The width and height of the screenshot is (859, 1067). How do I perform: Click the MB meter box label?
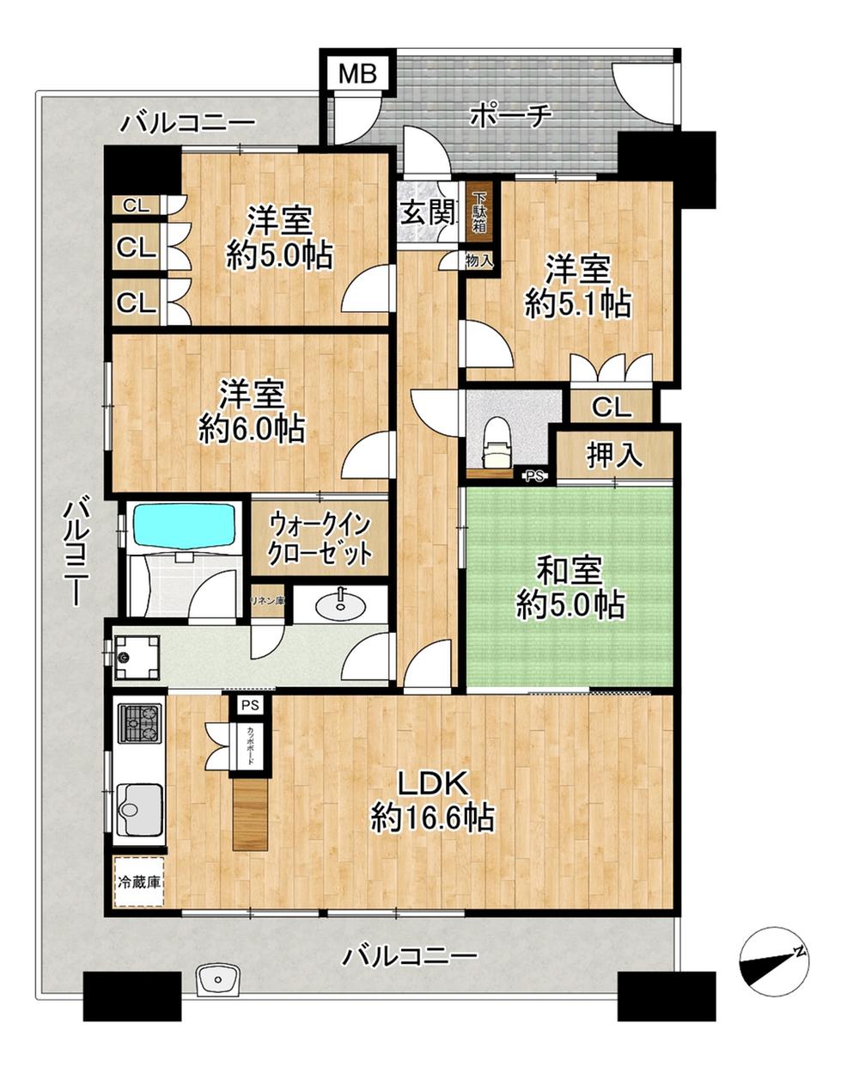(x=356, y=74)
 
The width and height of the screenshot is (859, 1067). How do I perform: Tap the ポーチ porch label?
(x=509, y=117)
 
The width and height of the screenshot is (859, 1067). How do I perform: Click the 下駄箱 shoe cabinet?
(x=478, y=213)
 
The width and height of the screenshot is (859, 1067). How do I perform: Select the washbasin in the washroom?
(x=341, y=605)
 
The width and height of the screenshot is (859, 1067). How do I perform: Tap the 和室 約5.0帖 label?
(x=570, y=587)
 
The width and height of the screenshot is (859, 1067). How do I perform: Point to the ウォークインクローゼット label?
(x=320, y=538)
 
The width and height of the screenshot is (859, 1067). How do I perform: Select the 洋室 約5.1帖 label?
(x=577, y=288)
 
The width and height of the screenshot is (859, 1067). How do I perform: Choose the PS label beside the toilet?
(x=534, y=476)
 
